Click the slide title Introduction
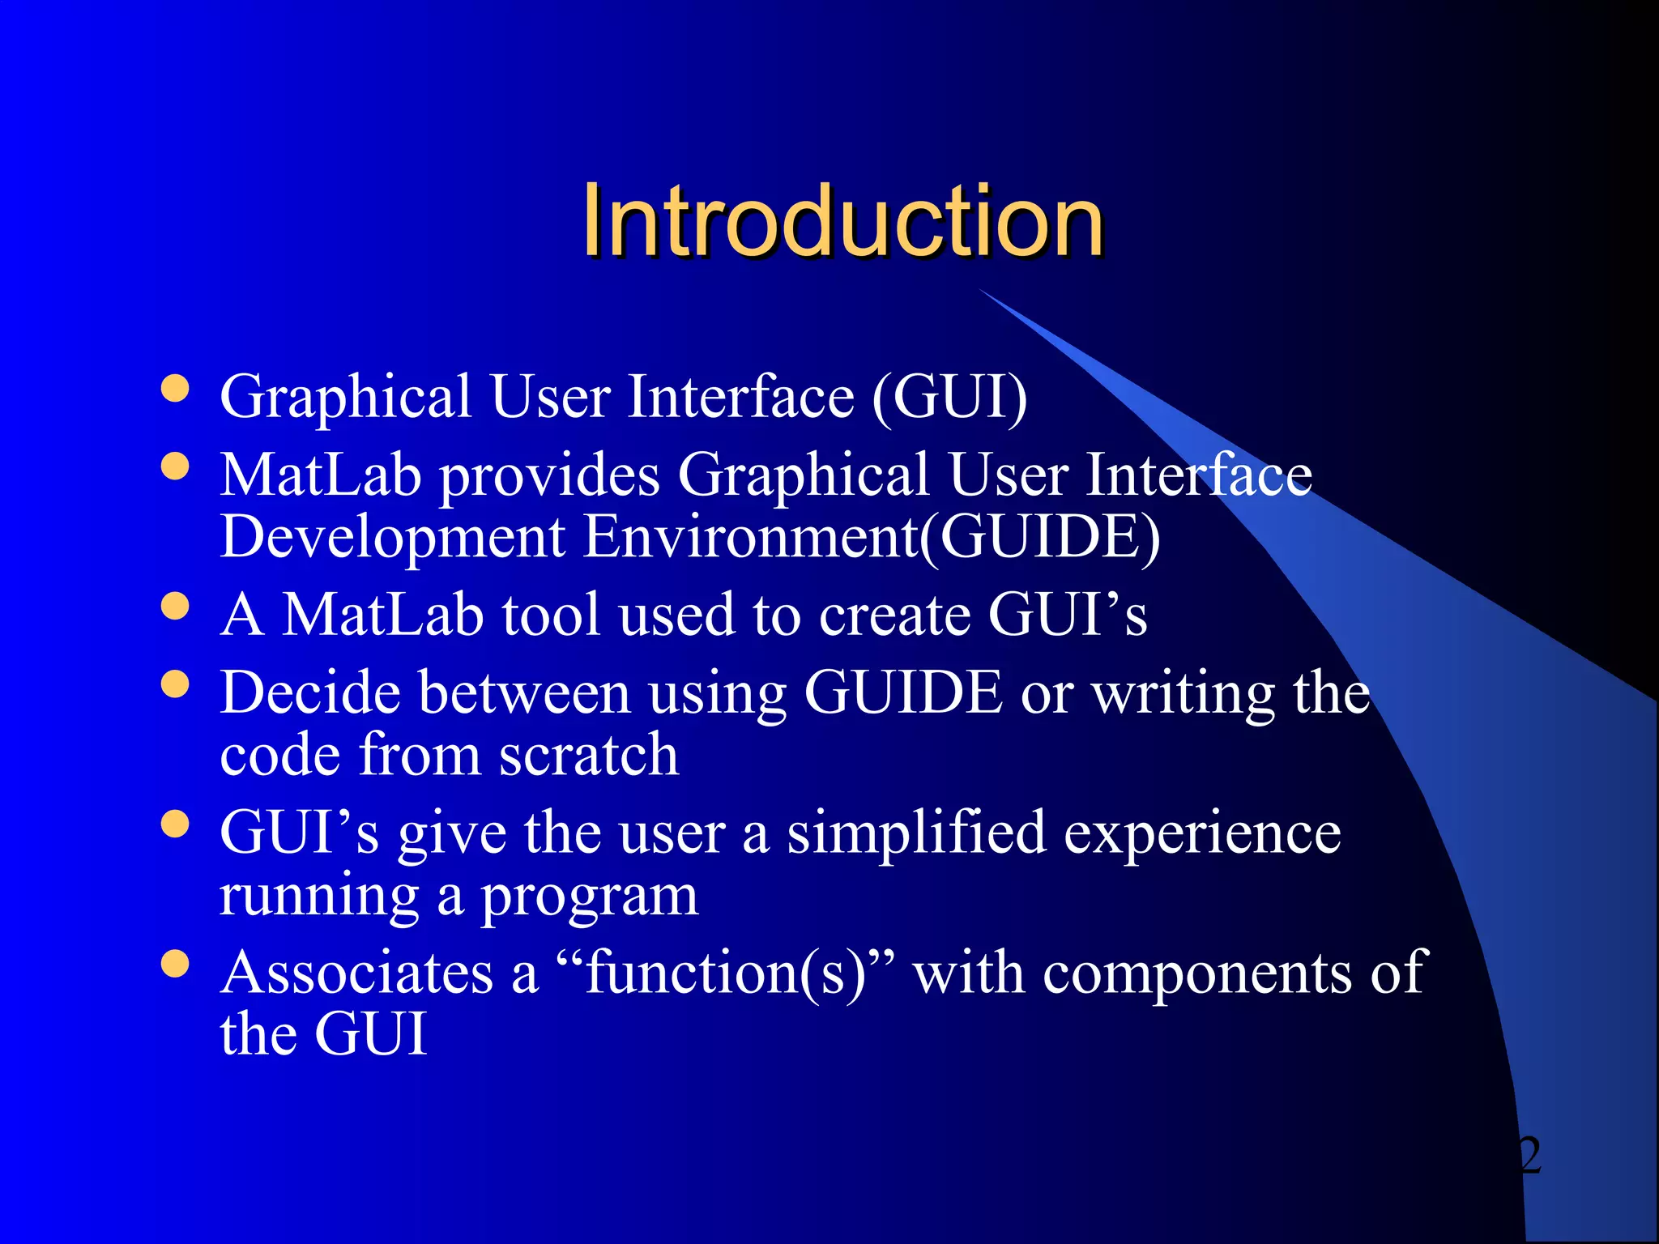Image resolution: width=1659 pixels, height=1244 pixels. click(842, 220)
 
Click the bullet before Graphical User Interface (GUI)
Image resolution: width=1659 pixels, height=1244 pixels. click(175, 388)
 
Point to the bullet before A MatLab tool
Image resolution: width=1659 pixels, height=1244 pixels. click(175, 606)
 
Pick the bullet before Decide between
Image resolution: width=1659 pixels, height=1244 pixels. click(175, 684)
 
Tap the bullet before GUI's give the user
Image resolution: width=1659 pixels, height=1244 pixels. click(175, 824)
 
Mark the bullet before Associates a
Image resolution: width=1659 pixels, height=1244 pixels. click(175, 964)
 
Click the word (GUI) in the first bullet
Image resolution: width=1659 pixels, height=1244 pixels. click(949, 397)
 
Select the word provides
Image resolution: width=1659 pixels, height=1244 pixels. click(549, 476)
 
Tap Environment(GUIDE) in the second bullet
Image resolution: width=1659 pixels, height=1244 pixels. click(872, 538)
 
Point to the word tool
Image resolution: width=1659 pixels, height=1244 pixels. click(551, 614)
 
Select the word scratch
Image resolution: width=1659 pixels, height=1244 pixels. click(588, 755)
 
